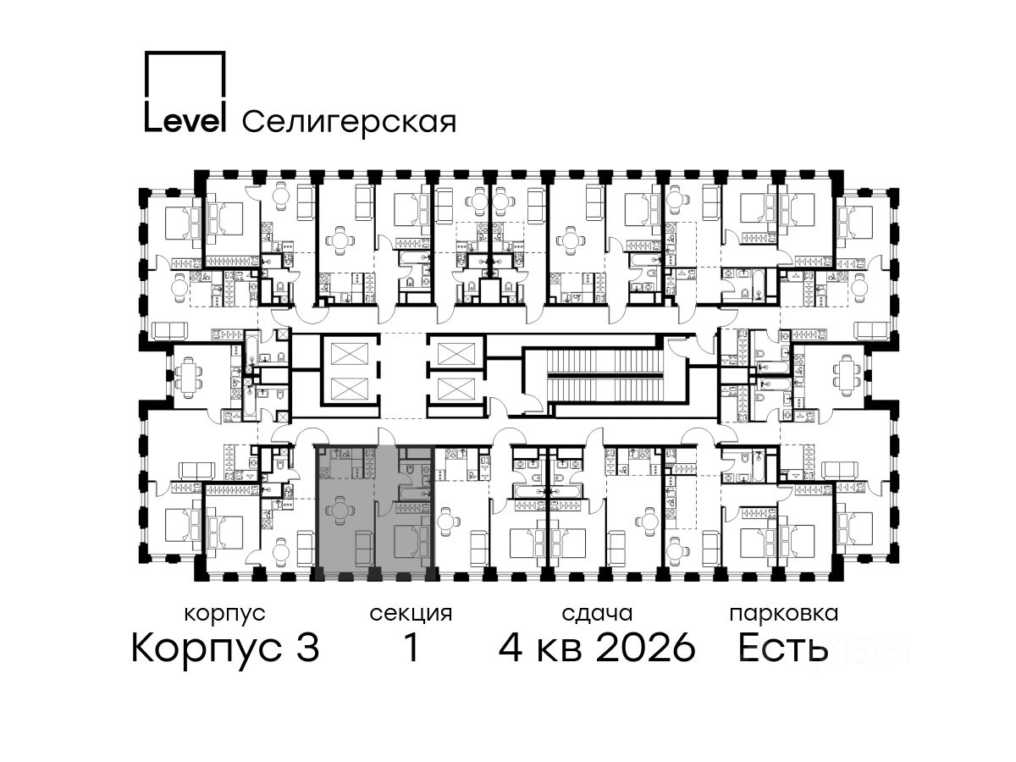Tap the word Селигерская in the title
point(350,122)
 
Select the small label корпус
point(224,615)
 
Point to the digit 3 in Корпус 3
point(306,647)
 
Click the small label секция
point(411,615)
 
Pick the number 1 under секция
point(411,647)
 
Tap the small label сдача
point(597,614)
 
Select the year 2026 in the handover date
point(646,647)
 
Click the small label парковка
point(784,614)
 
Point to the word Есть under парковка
point(782,647)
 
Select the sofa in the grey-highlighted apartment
point(364,548)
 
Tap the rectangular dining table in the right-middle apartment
point(847,373)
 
